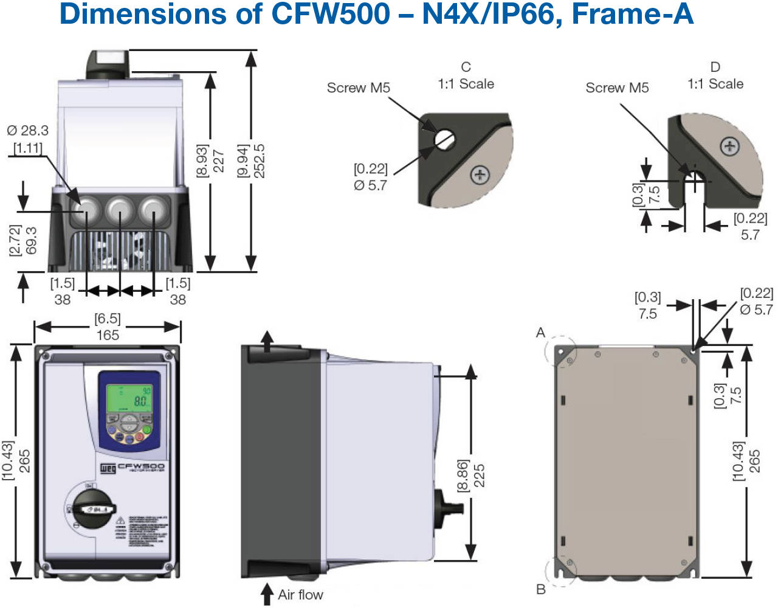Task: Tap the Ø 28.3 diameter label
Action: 28,130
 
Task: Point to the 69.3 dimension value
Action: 32,241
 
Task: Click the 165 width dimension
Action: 108,335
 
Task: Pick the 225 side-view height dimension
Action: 479,476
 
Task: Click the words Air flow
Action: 300,595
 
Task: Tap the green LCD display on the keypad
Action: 129,398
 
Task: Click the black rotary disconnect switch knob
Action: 93,507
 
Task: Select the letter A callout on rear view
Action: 540,333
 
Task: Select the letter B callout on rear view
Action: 540,589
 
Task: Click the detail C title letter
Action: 466,67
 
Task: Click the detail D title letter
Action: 715,67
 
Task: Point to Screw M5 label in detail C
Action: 358,88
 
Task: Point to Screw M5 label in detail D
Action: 617,88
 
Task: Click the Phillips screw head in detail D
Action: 729,147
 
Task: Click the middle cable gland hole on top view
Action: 120,211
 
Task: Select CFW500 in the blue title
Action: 330,15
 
